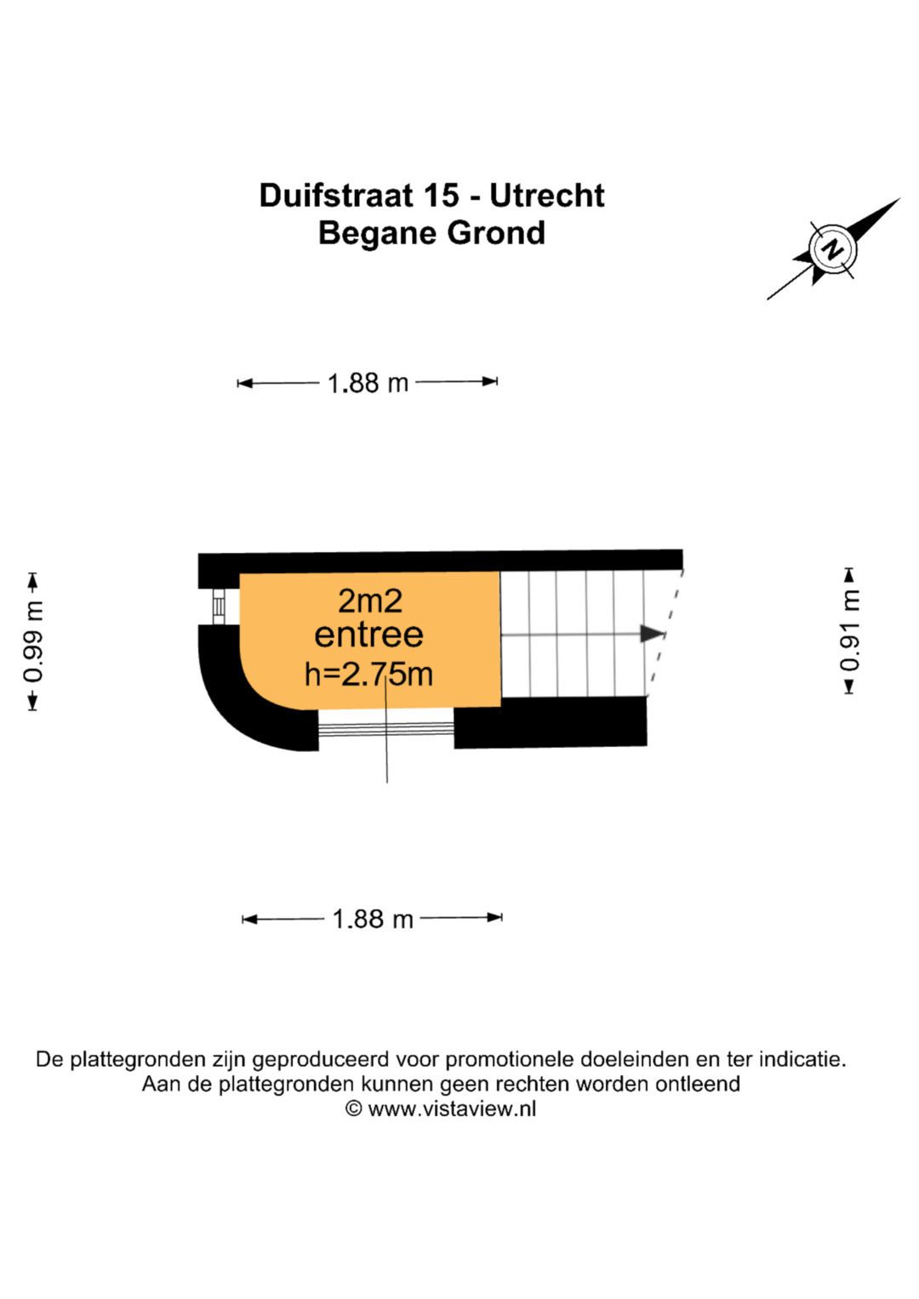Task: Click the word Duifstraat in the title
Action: tap(336, 196)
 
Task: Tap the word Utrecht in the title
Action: tap(546, 196)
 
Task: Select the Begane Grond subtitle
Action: tap(431, 233)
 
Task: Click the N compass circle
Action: tap(833, 250)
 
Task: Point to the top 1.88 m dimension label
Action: tap(368, 383)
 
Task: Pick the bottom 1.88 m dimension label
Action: tap(372, 919)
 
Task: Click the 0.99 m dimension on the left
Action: tap(33, 641)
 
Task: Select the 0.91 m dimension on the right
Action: tap(850, 630)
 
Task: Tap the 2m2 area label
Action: tap(369, 601)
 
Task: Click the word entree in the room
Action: tap(368, 635)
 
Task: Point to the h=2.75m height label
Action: tap(368, 675)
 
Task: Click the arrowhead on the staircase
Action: tap(652, 634)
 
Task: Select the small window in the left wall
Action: tap(219, 607)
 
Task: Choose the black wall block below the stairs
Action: tap(551, 722)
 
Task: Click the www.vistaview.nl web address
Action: tap(452, 1108)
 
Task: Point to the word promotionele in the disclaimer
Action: tap(510, 1060)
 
